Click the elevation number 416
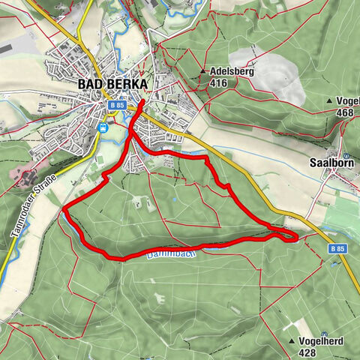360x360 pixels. tap(219, 84)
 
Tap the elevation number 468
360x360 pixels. tap(345, 112)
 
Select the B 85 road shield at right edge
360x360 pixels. tap(339, 247)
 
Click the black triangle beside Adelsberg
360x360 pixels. tap(204, 72)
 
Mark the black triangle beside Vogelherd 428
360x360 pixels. tap(292, 340)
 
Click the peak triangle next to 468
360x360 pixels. tap(329, 100)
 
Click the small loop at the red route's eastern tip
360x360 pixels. tap(290, 237)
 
